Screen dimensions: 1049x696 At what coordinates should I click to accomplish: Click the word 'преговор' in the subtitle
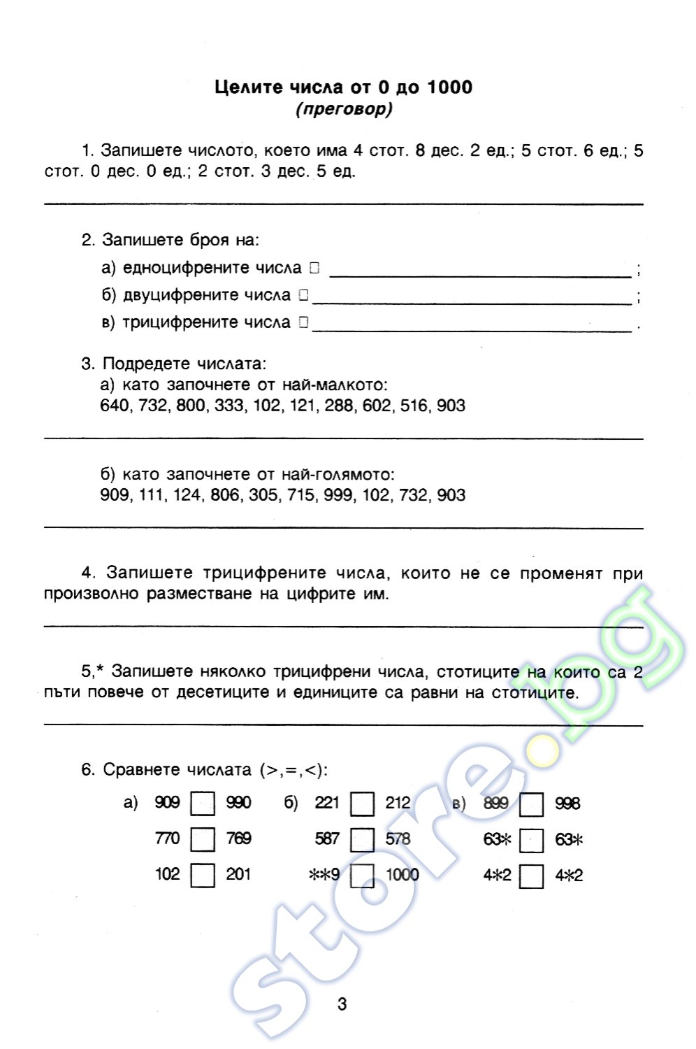[x=344, y=109]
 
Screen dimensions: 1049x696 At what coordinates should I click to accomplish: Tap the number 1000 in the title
[x=449, y=87]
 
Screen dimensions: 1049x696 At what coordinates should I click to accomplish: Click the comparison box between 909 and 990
[x=203, y=804]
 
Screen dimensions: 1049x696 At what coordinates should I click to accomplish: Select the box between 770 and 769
[x=203, y=839]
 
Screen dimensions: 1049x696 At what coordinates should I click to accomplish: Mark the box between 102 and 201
[x=203, y=876]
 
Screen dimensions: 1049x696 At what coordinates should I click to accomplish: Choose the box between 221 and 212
[x=362, y=804]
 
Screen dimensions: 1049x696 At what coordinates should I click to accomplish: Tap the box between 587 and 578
[x=362, y=839]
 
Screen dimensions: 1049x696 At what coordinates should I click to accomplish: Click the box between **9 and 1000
[x=362, y=876]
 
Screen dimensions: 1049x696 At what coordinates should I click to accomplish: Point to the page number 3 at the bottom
[x=342, y=1004]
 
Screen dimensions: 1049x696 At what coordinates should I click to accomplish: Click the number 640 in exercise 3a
[x=115, y=406]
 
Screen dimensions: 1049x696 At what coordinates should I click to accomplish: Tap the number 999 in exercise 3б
[x=338, y=495]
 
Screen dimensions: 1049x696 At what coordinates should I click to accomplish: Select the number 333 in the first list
[x=229, y=406]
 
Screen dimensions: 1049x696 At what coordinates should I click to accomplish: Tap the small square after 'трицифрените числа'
[x=303, y=322]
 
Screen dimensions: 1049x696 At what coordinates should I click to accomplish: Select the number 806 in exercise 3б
[x=225, y=495]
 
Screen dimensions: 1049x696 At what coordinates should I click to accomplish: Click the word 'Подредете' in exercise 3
[x=146, y=364]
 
